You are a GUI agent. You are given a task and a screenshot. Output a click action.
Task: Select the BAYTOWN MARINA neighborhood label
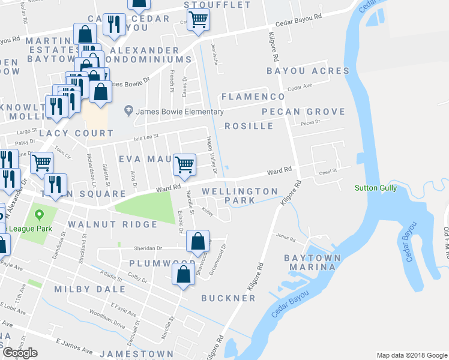(318, 262)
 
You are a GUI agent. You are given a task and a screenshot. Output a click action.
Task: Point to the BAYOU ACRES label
(308, 71)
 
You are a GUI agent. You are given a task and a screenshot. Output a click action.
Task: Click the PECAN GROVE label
(304, 112)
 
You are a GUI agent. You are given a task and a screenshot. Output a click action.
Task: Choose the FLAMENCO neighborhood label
(253, 97)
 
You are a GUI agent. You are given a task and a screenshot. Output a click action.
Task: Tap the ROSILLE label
(249, 126)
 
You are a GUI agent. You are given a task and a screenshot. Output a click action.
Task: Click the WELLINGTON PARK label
(240, 195)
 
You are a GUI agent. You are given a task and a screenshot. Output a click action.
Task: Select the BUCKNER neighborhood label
(228, 298)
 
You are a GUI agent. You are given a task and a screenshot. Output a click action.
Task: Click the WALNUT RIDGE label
(113, 224)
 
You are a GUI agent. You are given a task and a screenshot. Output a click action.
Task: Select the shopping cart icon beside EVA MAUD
(184, 164)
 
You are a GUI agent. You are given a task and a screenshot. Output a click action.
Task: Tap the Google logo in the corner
(20, 353)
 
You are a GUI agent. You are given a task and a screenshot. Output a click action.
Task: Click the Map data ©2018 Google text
(411, 355)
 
